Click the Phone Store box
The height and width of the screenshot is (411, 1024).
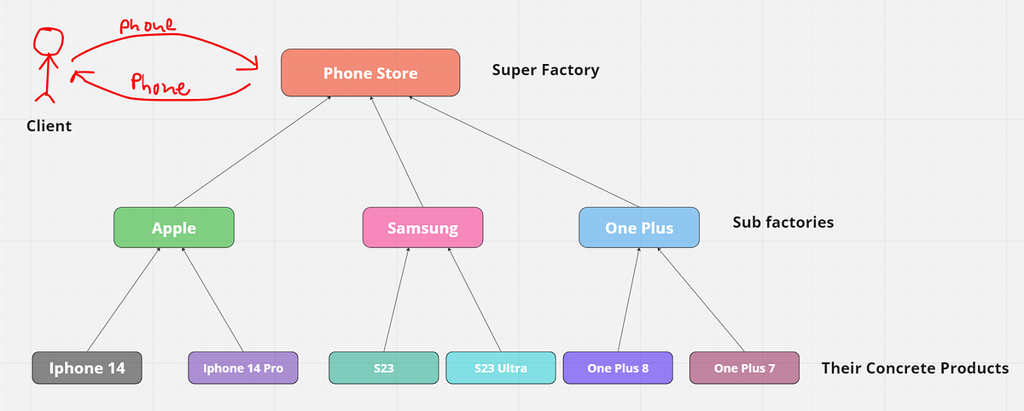[370, 72]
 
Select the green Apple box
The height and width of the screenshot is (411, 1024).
[173, 228]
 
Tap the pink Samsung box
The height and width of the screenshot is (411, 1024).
[422, 228]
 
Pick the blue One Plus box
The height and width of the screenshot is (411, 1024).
[639, 228]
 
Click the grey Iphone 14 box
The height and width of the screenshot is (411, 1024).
[87, 368]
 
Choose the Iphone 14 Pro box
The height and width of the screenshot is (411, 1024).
[243, 368]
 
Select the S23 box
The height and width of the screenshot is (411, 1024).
[383, 368]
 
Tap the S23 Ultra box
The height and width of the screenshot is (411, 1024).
[500, 368]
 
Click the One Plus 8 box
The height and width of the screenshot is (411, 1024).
[618, 368]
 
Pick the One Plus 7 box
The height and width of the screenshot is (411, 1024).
[744, 368]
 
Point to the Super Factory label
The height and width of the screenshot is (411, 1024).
[545, 70]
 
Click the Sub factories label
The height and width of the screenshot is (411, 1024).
[783, 223]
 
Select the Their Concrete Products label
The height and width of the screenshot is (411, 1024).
[915, 368]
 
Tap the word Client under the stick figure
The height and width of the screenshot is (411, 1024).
[49, 126]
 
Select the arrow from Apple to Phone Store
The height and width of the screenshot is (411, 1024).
[253, 151]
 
